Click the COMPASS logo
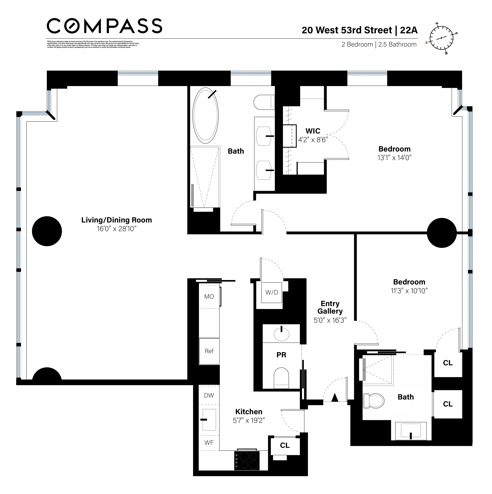click(104, 26)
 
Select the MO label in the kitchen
click(209, 297)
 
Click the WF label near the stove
click(209, 443)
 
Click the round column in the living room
click(47, 231)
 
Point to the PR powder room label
click(281, 355)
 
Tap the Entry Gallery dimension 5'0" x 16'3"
click(330, 320)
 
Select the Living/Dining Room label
click(117, 220)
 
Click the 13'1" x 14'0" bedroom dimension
click(394, 158)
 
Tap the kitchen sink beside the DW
click(209, 419)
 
